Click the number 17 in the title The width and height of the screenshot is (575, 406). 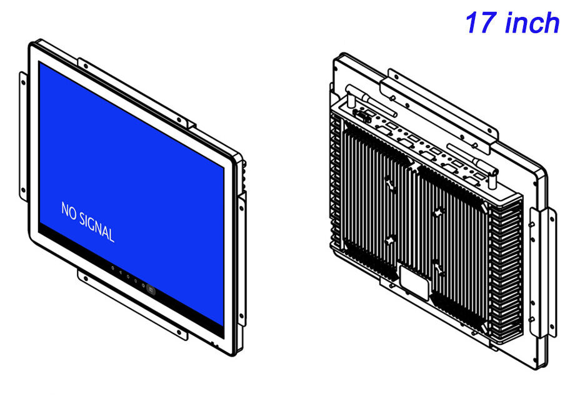coord(481,22)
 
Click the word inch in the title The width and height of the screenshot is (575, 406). coord(532,22)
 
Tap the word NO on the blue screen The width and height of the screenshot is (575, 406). coord(69,211)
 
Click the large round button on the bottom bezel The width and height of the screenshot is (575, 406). coord(151,290)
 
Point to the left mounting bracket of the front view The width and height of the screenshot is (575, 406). coord(23,136)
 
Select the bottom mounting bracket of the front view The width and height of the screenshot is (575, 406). coord(132,304)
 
